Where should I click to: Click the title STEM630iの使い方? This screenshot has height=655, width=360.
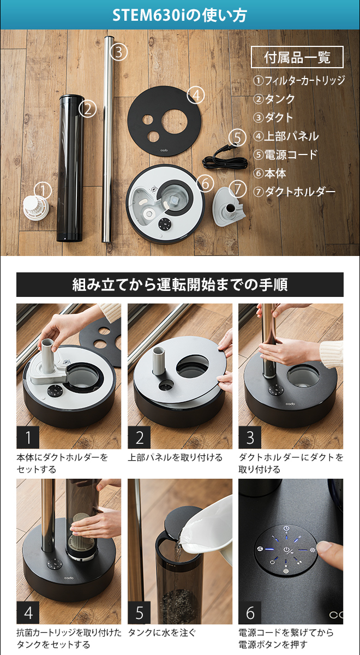[x=179, y=15]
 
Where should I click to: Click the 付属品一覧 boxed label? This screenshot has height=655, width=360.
[x=297, y=57]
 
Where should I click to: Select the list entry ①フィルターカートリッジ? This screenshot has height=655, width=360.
[x=299, y=81]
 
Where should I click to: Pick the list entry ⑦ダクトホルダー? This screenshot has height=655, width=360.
[x=294, y=192]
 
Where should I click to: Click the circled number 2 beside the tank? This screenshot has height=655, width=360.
[x=87, y=108]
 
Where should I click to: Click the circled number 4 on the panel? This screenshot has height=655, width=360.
[x=196, y=95]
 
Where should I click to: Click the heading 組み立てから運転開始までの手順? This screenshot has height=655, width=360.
[x=180, y=284]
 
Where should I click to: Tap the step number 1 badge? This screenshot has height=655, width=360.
[x=28, y=437]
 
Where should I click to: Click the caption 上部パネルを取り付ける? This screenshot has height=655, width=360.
[x=175, y=458]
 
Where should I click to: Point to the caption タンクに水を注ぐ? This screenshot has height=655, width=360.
[x=161, y=633]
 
